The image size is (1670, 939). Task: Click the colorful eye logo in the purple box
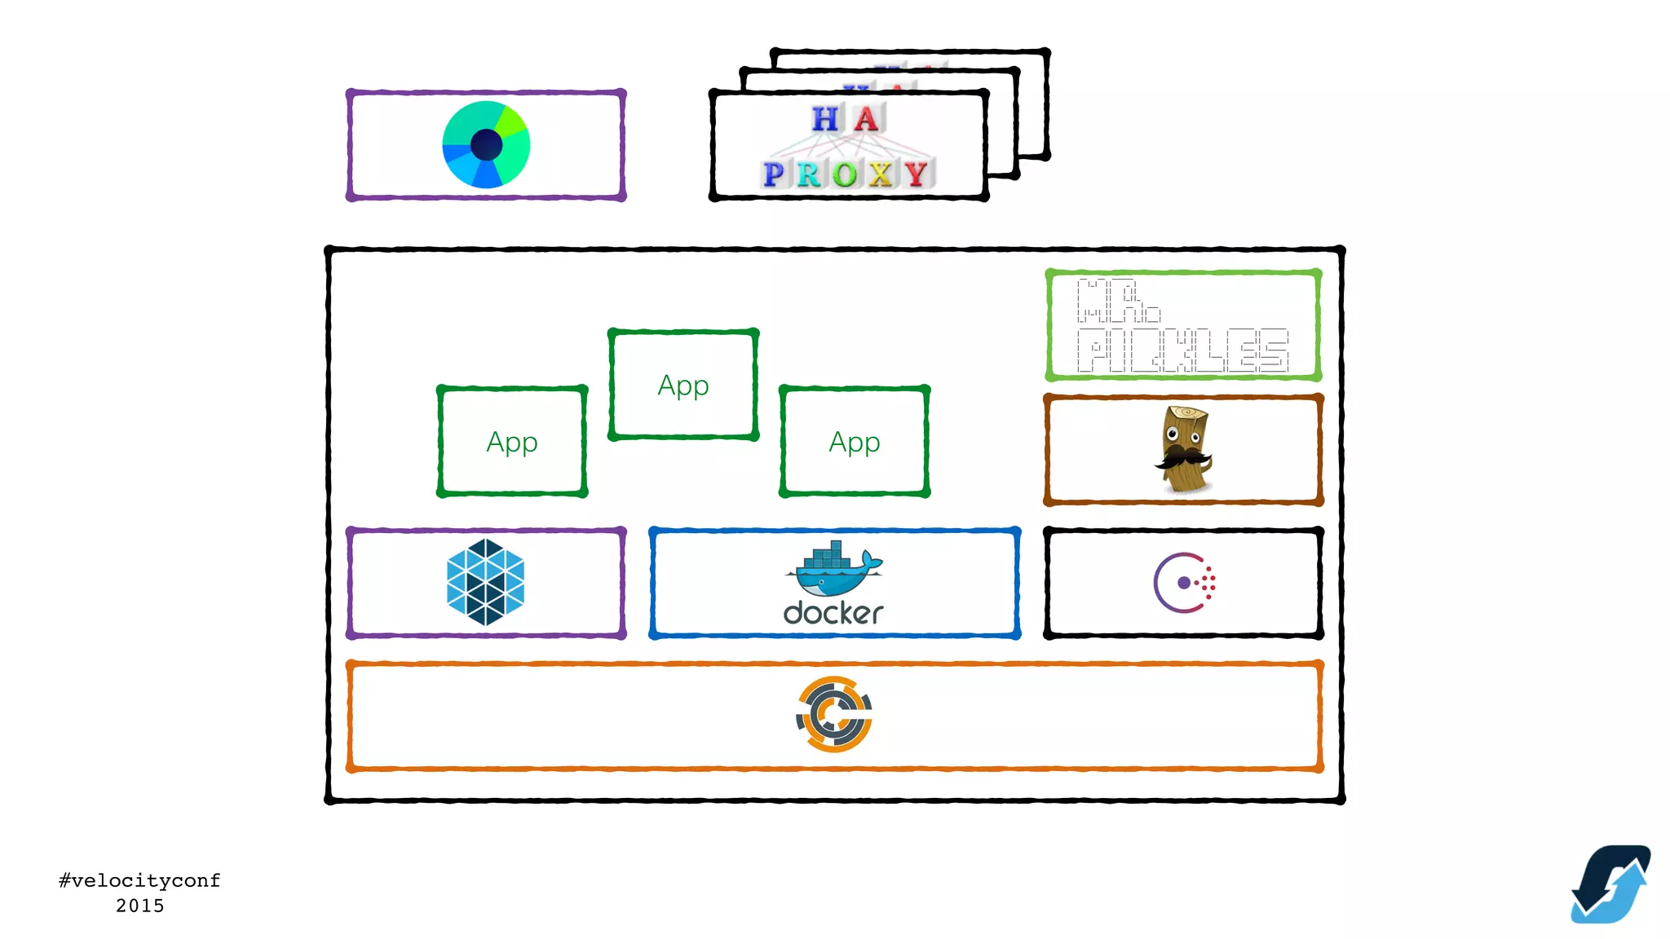coord(486,144)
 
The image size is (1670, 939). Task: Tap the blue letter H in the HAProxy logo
coord(825,119)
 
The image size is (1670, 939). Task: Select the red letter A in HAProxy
coord(866,119)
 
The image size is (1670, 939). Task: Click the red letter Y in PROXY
coord(917,174)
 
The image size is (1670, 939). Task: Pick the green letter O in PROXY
coord(845,174)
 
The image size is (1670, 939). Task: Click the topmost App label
coord(683,385)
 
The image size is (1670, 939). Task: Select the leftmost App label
coord(512,442)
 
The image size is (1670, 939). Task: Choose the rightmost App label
coord(855,442)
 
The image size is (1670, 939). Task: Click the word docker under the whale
coord(833,613)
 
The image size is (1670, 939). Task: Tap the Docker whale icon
coord(833,568)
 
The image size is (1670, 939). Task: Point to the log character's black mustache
coord(1182,457)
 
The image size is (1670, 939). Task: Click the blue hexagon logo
coord(486,582)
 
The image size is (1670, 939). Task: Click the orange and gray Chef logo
coord(834,714)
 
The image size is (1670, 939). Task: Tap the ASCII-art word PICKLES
coord(1182,350)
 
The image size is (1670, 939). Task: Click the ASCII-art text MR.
coord(1117,301)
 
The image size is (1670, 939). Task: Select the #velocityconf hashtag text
coord(139,880)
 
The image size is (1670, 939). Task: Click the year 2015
coord(139,906)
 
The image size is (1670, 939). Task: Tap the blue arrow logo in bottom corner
coord(1610,884)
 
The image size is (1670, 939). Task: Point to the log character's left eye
coord(1173,435)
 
